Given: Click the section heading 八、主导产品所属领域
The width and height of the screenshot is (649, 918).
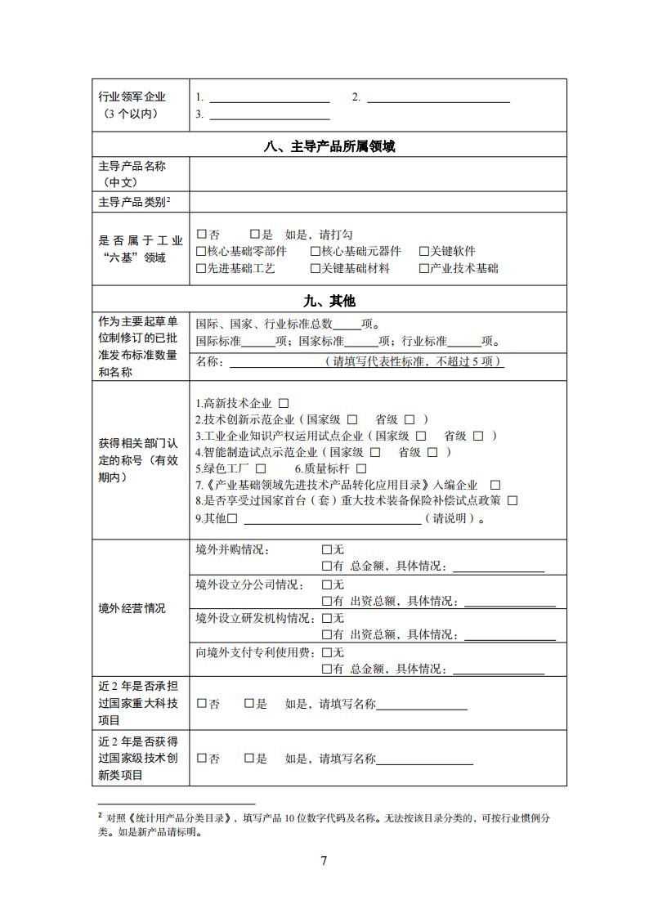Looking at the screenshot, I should click(x=329, y=147).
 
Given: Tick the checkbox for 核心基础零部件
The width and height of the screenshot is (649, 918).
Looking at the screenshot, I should click(x=201, y=252).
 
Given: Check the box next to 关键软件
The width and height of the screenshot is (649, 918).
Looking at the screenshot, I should click(x=424, y=252).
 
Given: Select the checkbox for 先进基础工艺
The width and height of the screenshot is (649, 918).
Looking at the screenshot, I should click(x=201, y=268).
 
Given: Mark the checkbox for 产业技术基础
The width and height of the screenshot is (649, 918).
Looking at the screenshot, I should click(x=424, y=268).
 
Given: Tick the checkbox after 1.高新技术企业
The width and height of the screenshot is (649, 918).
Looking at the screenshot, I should click(x=284, y=403).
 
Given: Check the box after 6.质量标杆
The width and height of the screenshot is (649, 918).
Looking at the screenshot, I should click(x=357, y=468).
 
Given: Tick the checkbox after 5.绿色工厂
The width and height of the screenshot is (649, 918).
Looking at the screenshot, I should click(x=261, y=468).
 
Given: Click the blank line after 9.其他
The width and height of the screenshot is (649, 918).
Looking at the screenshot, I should click(x=333, y=518).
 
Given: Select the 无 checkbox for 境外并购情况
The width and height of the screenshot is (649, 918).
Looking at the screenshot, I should click(x=327, y=550).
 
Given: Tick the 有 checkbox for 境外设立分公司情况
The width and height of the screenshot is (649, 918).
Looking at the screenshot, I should click(x=327, y=602).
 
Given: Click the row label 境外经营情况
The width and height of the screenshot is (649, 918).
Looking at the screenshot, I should click(x=132, y=609).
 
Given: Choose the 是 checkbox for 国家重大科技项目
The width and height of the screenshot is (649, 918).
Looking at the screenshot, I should click(x=249, y=704).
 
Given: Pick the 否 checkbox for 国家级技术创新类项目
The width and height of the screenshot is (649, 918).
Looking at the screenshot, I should click(x=202, y=759).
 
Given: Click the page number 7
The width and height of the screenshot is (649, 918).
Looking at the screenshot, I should click(x=324, y=861).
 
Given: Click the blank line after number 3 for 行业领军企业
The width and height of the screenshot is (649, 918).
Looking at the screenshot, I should click(x=263, y=114).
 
